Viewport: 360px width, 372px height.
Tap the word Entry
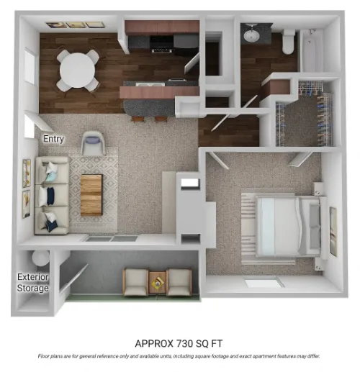[x=53, y=140]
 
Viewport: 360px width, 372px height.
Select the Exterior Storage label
[x=33, y=283]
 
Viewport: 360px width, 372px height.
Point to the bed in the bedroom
[x=282, y=222]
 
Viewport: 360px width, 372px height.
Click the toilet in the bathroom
[x=288, y=42]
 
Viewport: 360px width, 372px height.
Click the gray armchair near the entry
[x=93, y=142]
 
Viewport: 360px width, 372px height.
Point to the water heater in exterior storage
[x=40, y=258]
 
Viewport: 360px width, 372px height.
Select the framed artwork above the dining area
[x=76, y=25]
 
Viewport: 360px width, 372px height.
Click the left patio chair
[x=136, y=281]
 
